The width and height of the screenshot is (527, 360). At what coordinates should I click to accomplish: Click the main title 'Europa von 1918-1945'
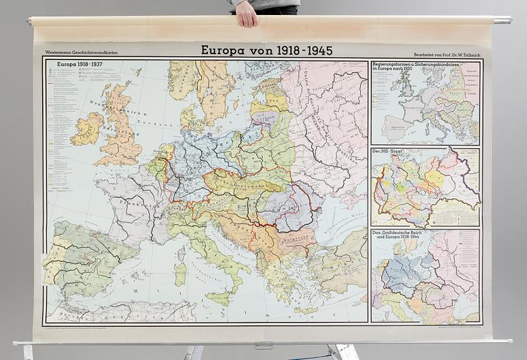266,50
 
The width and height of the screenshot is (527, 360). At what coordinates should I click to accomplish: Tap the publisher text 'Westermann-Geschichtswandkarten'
76,52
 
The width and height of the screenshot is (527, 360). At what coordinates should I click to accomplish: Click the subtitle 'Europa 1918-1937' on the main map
80,65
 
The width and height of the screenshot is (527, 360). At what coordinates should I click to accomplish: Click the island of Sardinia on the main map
180,274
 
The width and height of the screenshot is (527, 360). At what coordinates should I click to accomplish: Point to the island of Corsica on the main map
181,253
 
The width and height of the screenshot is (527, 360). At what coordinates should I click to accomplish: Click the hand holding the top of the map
246,13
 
